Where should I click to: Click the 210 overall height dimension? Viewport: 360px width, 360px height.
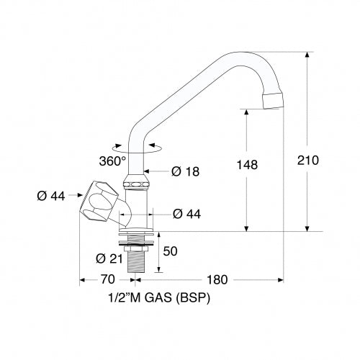pyautogui.click(x=307, y=160)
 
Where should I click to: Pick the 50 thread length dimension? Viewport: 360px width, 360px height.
pyautogui.click(x=170, y=251)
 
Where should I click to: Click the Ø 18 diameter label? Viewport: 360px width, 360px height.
pyautogui.click(x=185, y=171)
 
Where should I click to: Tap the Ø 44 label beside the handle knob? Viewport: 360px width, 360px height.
pyautogui.click(x=52, y=195)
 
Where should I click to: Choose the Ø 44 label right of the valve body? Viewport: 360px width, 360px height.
pyautogui.click(x=187, y=212)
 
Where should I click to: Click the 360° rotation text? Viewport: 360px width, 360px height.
pyautogui.click(x=113, y=160)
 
